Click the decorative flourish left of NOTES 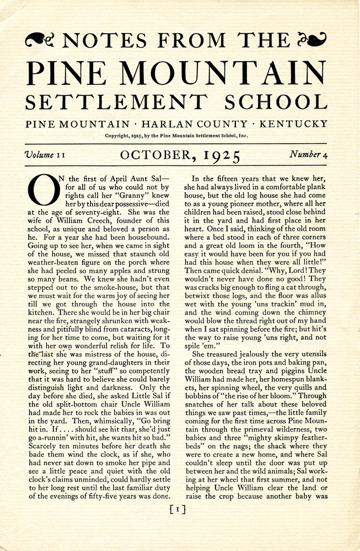[41, 40]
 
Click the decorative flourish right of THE [311, 40]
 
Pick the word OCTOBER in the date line [155, 156]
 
